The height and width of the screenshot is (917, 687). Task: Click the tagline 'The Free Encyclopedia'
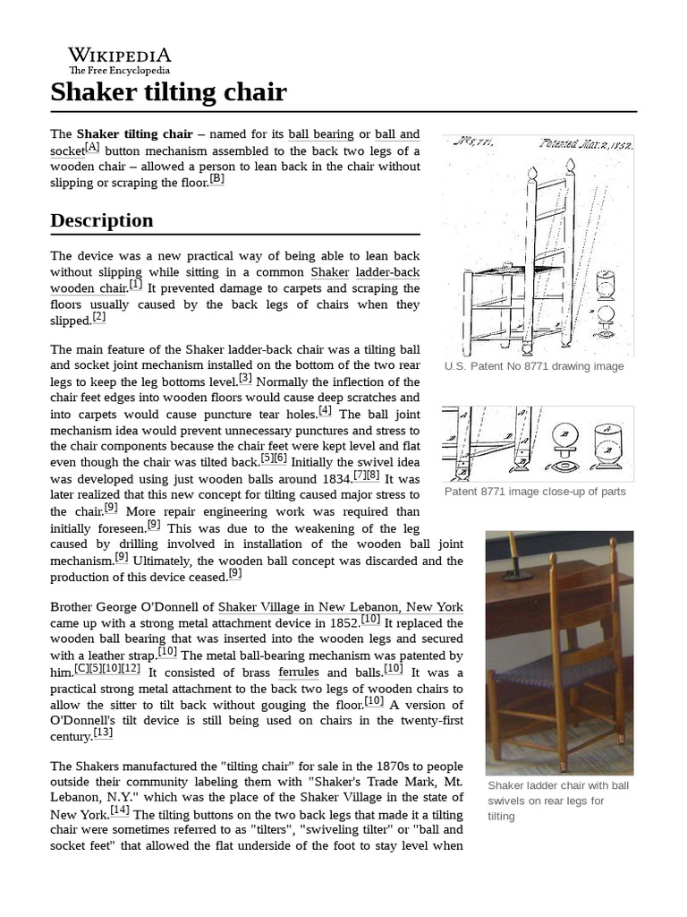tap(119, 71)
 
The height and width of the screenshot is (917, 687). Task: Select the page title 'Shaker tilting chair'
tap(168, 92)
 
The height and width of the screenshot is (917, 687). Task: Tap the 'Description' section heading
tap(102, 220)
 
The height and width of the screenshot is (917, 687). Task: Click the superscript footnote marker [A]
tap(92, 148)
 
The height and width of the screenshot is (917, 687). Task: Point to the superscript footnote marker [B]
tap(216, 178)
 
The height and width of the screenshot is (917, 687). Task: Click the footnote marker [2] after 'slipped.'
tap(98, 316)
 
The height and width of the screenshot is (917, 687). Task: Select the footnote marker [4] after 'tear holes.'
tap(325, 410)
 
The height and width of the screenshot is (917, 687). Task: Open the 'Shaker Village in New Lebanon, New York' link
tap(340, 606)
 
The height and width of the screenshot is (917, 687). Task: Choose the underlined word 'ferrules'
tap(299, 673)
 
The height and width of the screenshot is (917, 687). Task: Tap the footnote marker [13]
tap(103, 733)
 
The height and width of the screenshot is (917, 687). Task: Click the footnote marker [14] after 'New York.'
tap(121, 810)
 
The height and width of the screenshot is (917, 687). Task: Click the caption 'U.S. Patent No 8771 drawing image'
tap(534, 366)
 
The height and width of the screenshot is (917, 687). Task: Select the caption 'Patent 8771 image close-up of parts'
tap(535, 492)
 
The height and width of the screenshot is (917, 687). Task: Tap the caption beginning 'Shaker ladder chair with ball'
tap(558, 785)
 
